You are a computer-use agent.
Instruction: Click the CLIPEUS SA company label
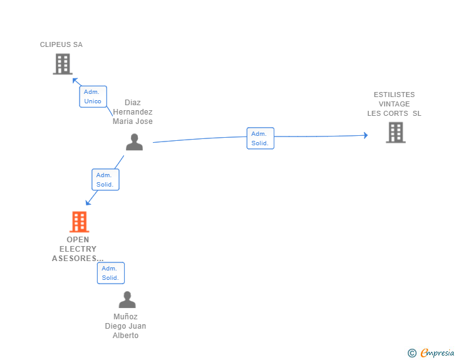[x=61, y=44]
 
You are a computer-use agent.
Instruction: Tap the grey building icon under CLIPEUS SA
[x=62, y=64]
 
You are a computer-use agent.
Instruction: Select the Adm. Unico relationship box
[x=93, y=96]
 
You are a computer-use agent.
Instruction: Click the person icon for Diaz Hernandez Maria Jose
[x=134, y=142]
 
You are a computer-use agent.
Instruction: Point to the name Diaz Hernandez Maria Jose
[x=132, y=112]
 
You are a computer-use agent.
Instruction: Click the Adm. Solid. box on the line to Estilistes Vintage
[x=260, y=138]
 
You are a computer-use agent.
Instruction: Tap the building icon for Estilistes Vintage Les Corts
[x=395, y=133]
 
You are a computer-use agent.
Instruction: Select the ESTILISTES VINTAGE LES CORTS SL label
[x=394, y=104]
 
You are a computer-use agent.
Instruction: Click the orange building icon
[x=79, y=222]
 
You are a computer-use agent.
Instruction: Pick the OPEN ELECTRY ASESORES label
[x=78, y=249]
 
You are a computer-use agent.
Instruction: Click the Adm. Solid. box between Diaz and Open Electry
[x=105, y=180]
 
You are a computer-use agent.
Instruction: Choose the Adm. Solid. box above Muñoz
[x=110, y=273]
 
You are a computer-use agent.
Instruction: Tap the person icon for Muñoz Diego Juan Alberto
[x=127, y=300]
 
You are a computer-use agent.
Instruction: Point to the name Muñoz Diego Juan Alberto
[x=125, y=326]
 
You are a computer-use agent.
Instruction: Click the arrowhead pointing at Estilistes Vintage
[x=366, y=135]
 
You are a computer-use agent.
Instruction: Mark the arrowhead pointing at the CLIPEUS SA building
[x=75, y=80]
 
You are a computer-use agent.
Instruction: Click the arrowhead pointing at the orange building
[x=88, y=203]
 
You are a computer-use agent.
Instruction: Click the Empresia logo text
[x=437, y=353]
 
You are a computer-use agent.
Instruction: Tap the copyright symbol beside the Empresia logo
[x=412, y=353]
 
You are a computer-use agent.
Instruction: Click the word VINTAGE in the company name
[x=394, y=104]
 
